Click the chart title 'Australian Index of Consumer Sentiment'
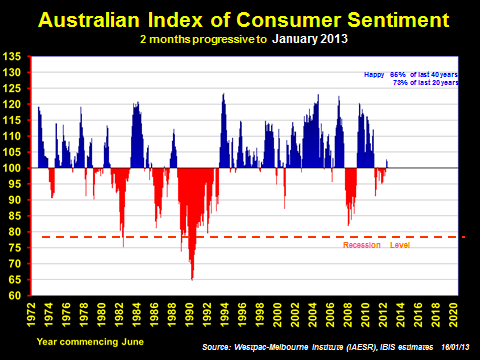pos(240,19)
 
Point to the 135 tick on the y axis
pos(17,58)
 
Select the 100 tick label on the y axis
pos(17,168)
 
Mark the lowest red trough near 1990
pos(192,277)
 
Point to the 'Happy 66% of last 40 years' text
pos(409,75)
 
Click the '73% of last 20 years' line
pos(424,84)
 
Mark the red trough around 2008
pos(348,222)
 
